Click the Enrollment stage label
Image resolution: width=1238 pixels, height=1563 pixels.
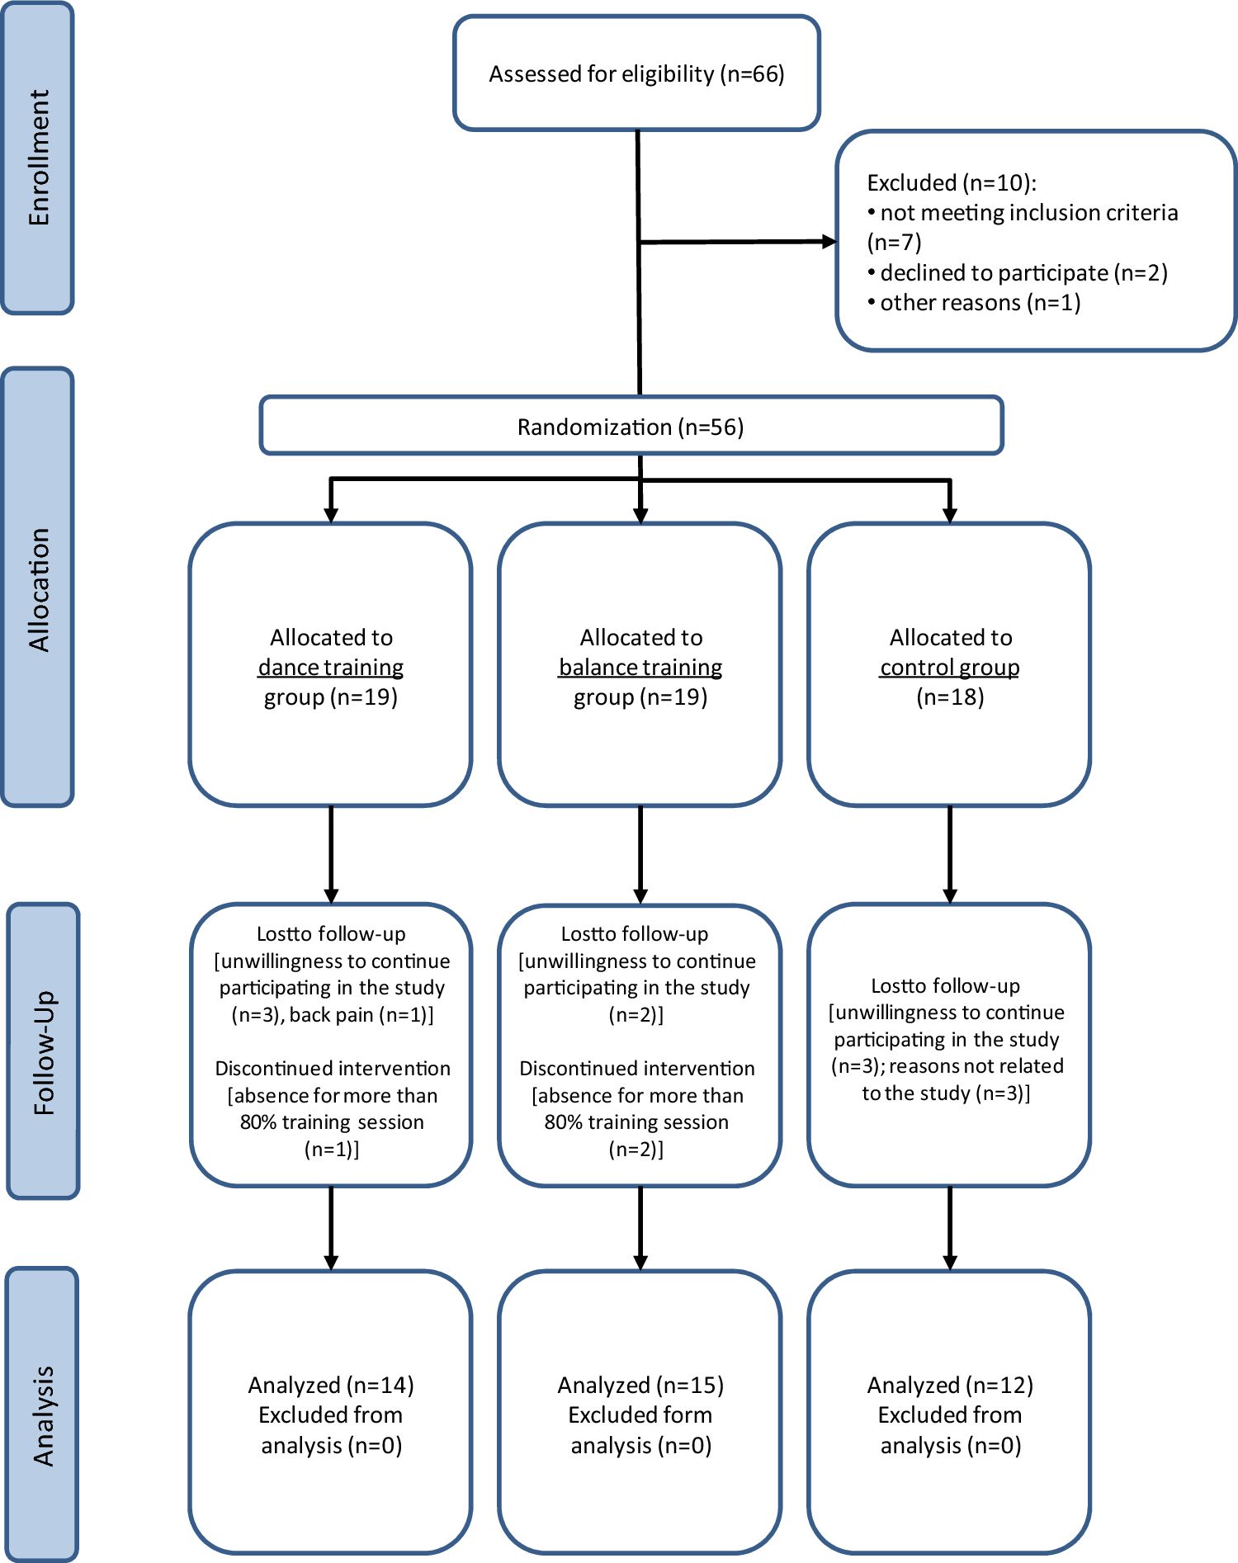pyautogui.click(x=38, y=158)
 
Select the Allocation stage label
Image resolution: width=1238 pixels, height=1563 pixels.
pyautogui.click(x=38, y=589)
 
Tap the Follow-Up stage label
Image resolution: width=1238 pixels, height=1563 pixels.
pyautogui.click(x=43, y=1052)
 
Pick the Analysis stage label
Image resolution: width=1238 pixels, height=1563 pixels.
pyautogui.click(x=43, y=1415)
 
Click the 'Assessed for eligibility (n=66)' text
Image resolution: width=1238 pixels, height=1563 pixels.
pyautogui.click(x=636, y=74)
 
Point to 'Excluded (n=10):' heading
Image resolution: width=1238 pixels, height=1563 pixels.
pyautogui.click(x=951, y=182)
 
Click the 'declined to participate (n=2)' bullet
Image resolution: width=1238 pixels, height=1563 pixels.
pyautogui.click(x=1023, y=272)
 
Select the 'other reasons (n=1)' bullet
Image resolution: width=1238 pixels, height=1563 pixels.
pyautogui.click(x=980, y=303)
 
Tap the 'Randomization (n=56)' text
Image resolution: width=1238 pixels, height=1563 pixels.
pyautogui.click(x=631, y=427)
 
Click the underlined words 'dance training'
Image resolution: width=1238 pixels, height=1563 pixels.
pyautogui.click(x=330, y=667)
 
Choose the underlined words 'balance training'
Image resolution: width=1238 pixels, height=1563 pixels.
pyautogui.click(x=640, y=667)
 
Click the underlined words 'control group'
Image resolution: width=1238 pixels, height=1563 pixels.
pyautogui.click(x=949, y=667)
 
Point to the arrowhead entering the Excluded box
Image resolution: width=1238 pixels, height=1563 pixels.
pyautogui.click(x=829, y=242)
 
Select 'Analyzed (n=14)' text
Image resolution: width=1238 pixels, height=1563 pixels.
pyautogui.click(x=331, y=1385)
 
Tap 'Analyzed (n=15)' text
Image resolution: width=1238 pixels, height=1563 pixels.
pyautogui.click(x=640, y=1385)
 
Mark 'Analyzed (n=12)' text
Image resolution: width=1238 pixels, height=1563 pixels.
pyautogui.click(x=950, y=1385)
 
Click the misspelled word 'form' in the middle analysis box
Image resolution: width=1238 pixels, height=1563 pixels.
pyautogui.click(x=690, y=1415)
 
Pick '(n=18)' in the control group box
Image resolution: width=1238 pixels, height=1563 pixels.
pyautogui.click(x=950, y=697)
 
